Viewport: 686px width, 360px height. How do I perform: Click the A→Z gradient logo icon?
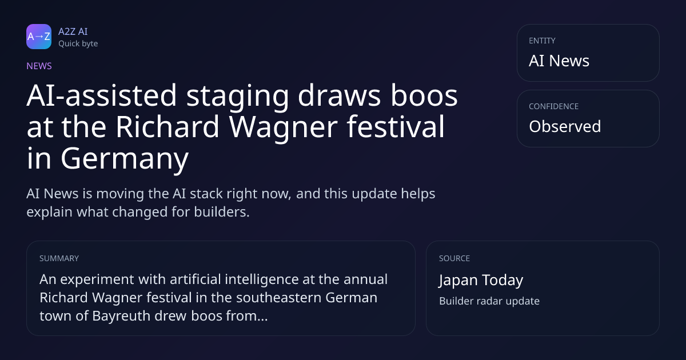tap(39, 37)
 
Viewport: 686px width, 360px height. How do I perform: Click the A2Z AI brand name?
tap(73, 31)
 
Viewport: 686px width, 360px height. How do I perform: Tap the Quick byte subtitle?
tap(78, 44)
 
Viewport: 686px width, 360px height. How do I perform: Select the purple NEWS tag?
tap(39, 66)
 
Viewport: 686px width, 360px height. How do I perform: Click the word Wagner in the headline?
tap(284, 127)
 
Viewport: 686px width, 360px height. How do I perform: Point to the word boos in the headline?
tap(424, 95)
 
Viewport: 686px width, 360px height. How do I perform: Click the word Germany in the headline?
tap(125, 159)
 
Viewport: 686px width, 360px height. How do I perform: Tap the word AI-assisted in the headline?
tap(102, 95)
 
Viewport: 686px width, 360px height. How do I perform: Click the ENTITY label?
tap(542, 41)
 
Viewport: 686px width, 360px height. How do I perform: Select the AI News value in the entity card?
tap(559, 61)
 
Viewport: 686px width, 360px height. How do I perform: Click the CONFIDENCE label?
tap(554, 106)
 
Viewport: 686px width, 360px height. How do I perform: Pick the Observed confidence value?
tap(565, 126)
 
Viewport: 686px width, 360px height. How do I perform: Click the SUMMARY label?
tap(59, 258)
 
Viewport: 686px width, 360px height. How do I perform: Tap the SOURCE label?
tap(454, 258)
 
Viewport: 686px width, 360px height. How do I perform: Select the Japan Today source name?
tap(481, 280)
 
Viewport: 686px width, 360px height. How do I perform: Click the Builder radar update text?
tap(489, 301)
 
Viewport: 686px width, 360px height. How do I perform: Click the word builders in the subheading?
tap(222, 212)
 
